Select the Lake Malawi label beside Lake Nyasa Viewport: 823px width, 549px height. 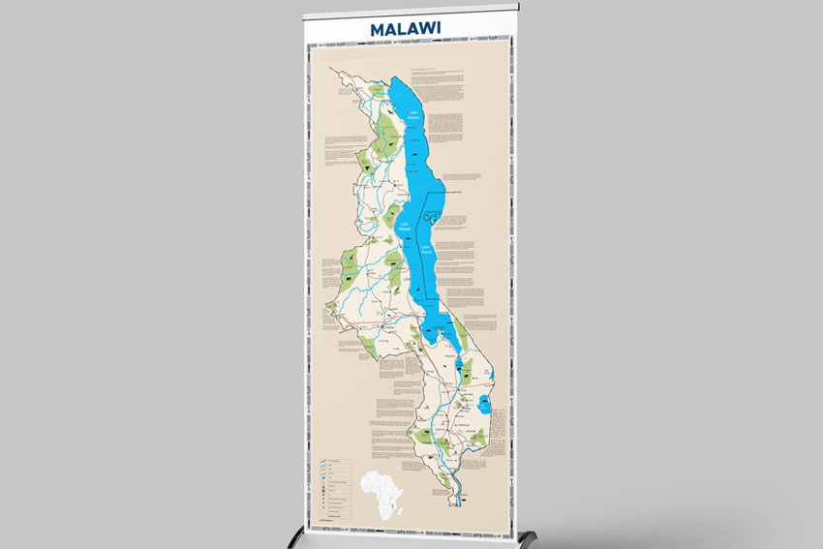tap(406, 229)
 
